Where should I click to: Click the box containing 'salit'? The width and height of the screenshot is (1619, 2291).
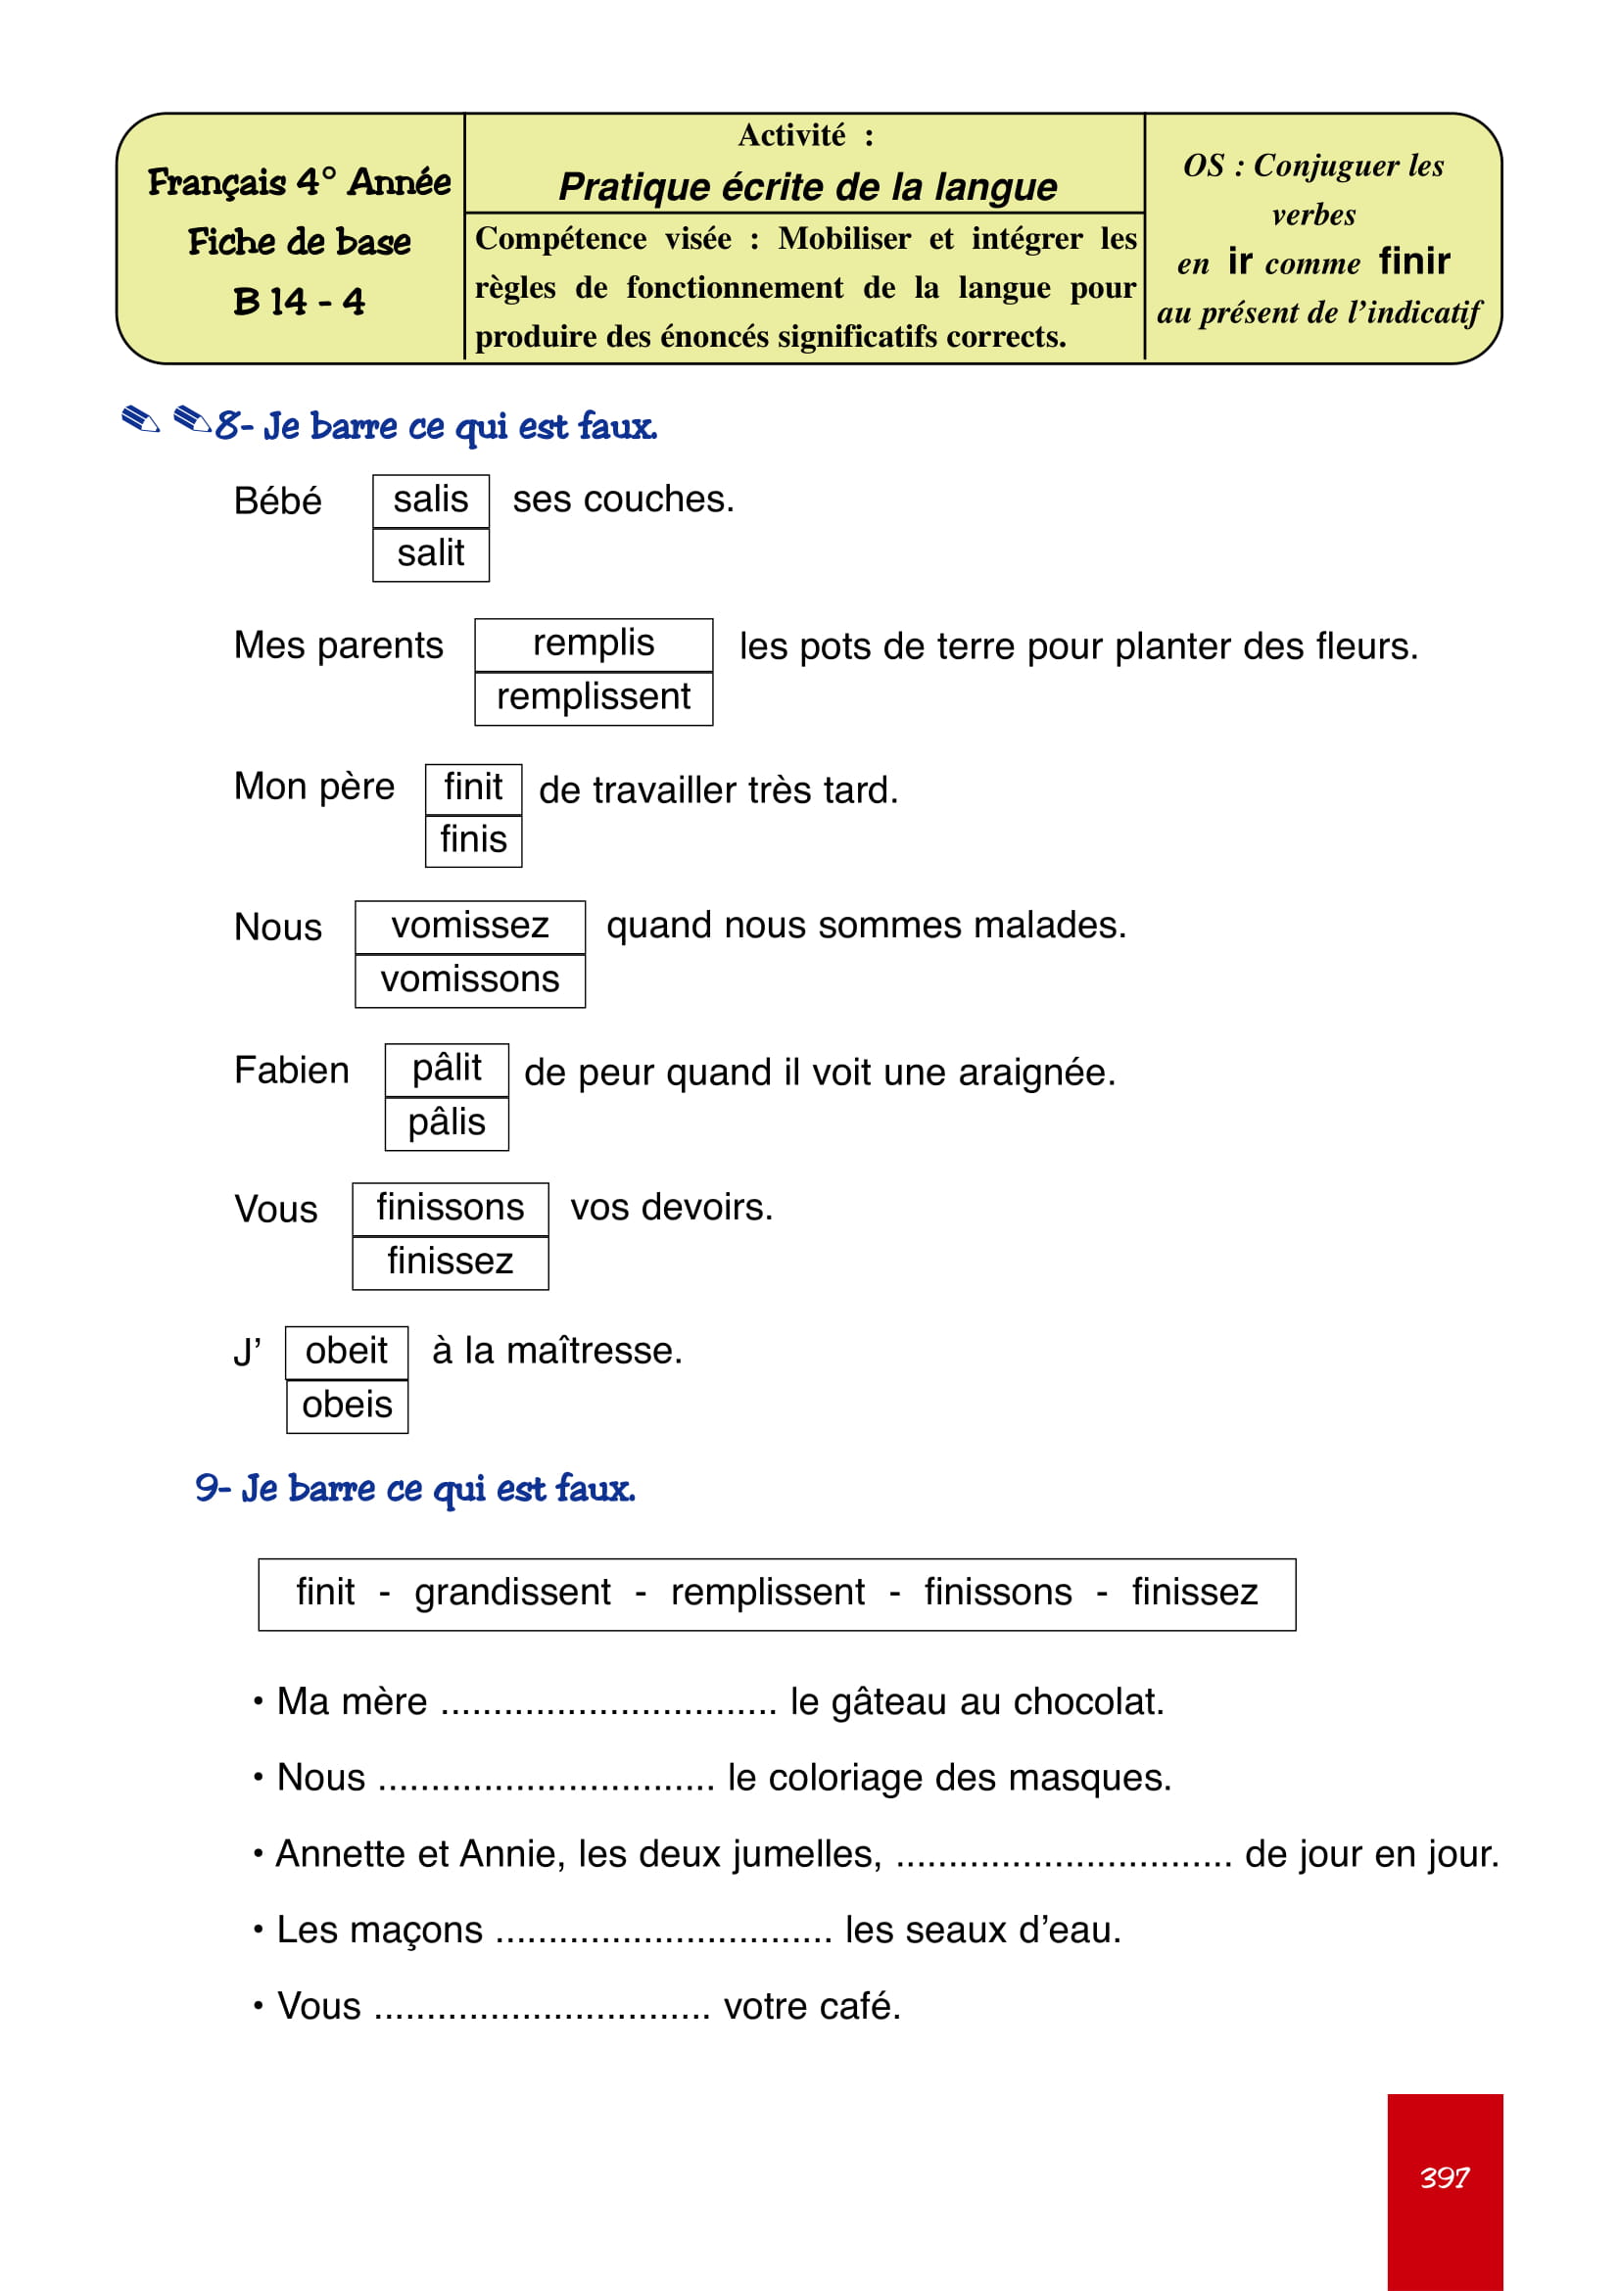pos(430,553)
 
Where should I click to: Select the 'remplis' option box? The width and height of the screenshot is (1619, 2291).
pos(593,644)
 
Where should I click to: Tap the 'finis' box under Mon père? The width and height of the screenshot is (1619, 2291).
pos(473,840)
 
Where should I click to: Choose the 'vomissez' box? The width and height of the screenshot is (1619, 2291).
pos(469,926)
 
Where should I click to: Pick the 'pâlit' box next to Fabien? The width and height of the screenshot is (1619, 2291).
pos(446,1069)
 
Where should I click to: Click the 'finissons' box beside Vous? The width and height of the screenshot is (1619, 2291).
pos(449,1208)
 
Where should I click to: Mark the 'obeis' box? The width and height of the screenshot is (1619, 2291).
pos(346,1405)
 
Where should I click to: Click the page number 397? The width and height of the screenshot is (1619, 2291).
pos(1444,2177)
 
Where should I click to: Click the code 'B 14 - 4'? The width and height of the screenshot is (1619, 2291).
pos(299,302)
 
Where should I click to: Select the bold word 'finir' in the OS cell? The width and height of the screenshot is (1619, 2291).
pos(1413,262)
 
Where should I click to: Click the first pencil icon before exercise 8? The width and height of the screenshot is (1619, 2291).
pos(140,420)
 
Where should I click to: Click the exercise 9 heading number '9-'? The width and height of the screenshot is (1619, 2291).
pos(213,1488)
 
